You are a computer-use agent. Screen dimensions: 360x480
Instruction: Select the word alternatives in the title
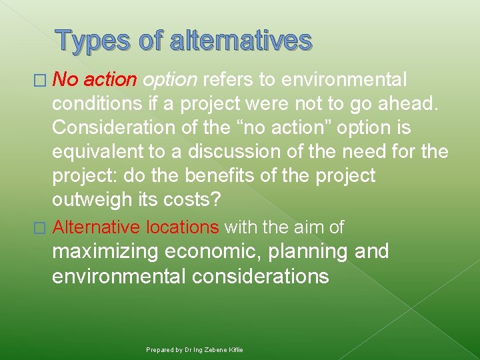click(x=241, y=41)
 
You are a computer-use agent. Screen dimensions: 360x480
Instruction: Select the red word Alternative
click(x=96, y=227)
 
